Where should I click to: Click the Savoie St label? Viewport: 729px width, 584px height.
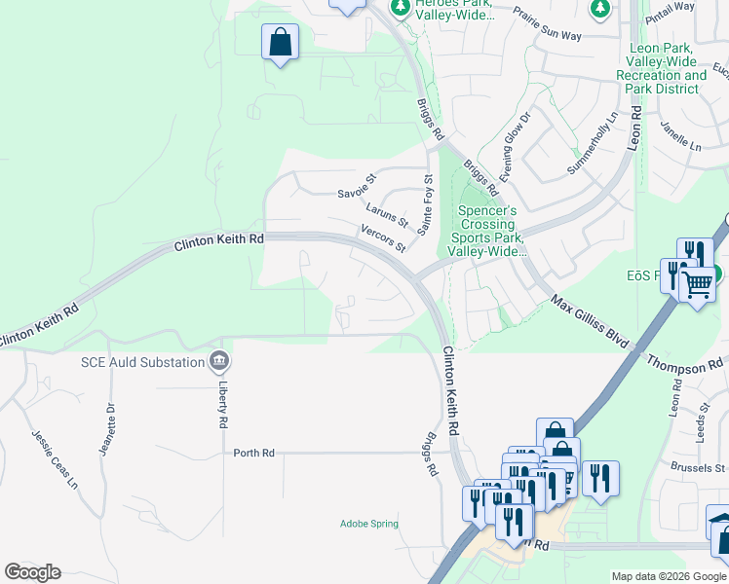(x=357, y=186)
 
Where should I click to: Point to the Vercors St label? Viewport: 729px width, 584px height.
(x=383, y=237)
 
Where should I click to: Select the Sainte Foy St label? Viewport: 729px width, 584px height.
(x=424, y=205)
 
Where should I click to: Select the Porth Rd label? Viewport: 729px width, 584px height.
(x=254, y=453)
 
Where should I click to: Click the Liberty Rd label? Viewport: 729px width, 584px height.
(x=223, y=405)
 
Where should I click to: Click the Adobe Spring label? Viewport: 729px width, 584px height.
(x=369, y=524)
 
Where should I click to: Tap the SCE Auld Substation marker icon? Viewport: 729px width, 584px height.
(x=219, y=363)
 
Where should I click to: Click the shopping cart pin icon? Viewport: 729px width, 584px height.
(x=697, y=284)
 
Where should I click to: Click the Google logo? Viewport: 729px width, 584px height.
(x=32, y=572)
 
